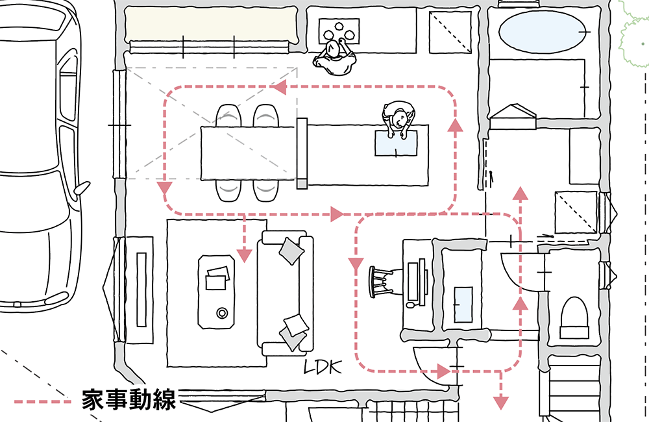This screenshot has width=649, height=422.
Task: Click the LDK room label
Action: tap(323, 367)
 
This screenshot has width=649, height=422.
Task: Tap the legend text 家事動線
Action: tap(129, 400)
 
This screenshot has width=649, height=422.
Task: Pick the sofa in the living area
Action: tap(284, 292)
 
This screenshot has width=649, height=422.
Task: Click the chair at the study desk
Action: tap(380, 281)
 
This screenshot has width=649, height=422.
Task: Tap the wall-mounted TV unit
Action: tap(140, 289)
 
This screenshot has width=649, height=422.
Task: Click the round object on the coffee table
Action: tap(222, 313)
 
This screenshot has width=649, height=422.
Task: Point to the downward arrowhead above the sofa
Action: tap(244, 254)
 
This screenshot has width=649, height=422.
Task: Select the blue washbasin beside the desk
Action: tap(463, 303)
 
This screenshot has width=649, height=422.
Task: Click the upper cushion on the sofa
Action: tap(290, 249)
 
